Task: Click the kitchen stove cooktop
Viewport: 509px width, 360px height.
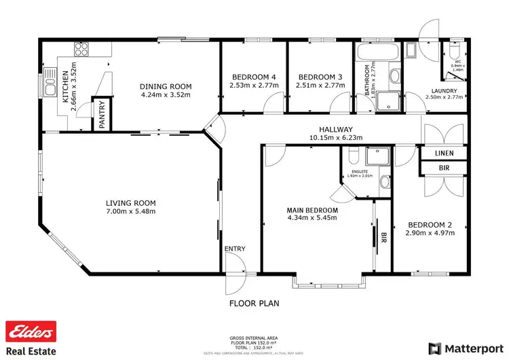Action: coord(82,49)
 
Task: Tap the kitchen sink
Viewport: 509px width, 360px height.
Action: coord(48,84)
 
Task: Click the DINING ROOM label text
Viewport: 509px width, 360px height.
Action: coord(166,86)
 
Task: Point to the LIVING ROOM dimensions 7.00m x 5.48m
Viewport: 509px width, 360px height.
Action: coord(131,212)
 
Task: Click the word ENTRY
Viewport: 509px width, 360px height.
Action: coord(235,249)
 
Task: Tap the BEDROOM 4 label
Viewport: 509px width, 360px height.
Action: coord(251,76)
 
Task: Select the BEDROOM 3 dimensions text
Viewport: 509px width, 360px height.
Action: coord(318,86)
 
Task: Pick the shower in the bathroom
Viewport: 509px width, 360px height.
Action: coord(388,101)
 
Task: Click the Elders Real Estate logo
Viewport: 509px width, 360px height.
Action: coord(30,338)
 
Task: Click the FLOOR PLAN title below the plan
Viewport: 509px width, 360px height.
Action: coord(254,303)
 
